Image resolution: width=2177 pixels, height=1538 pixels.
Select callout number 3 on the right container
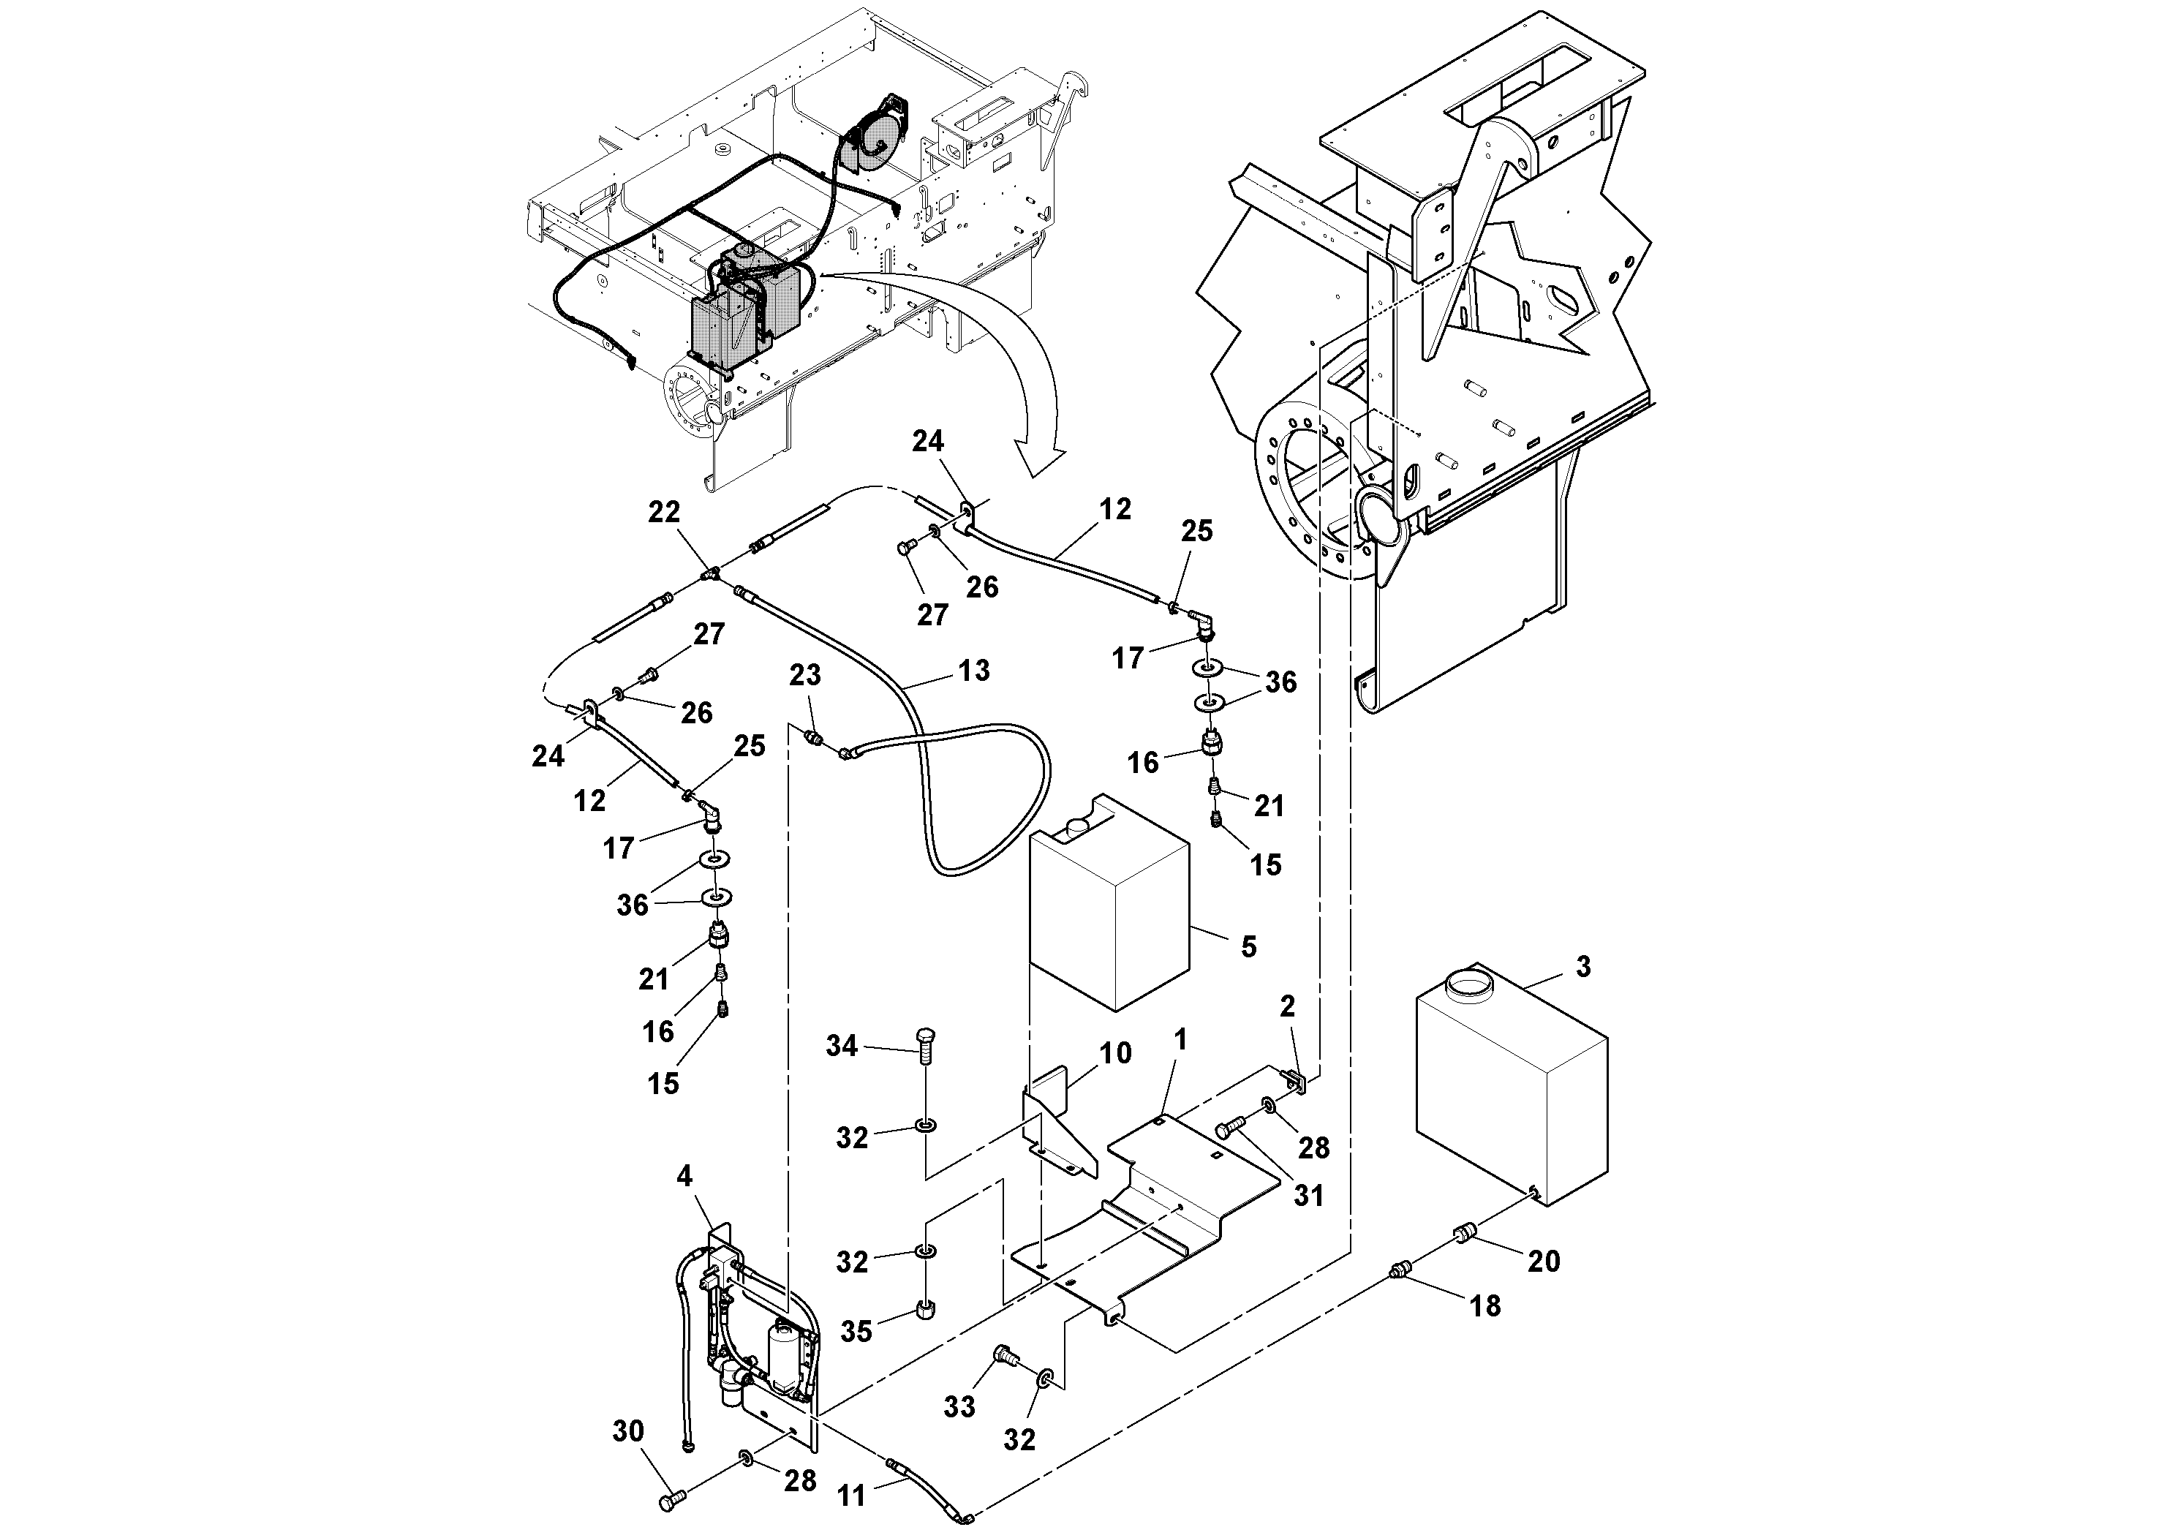pos(1582,966)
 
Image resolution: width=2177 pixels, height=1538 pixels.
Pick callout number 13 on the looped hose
pos(974,671)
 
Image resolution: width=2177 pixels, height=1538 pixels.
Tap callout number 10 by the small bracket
pos(1115,1052)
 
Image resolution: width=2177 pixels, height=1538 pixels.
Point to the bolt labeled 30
pos(669,1501)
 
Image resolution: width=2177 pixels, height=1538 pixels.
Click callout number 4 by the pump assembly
pos(684,1177)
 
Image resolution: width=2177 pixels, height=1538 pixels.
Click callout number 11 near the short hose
pos(851,1496)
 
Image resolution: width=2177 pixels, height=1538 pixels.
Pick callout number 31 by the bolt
pos(1308,1196)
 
